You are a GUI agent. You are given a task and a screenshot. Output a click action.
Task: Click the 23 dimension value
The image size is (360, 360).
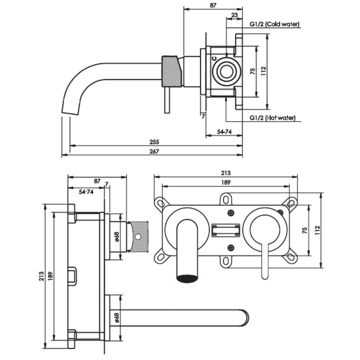pos(235,15)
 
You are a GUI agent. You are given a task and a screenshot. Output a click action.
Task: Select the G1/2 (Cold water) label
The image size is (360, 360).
pos(274,24)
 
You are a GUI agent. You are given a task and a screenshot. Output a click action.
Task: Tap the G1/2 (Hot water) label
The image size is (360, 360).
pos(272,118)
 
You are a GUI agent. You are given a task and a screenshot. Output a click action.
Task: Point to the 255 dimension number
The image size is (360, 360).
pos(154,142)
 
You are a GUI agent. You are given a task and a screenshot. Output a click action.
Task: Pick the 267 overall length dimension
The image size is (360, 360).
pos(154,151)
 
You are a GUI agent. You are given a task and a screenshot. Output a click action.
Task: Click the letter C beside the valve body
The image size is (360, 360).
pos(214,59)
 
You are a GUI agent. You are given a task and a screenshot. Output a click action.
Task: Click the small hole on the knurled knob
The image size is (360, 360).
pos(138,237)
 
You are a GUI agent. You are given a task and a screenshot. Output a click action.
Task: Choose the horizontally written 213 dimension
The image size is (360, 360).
pos(225,173)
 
